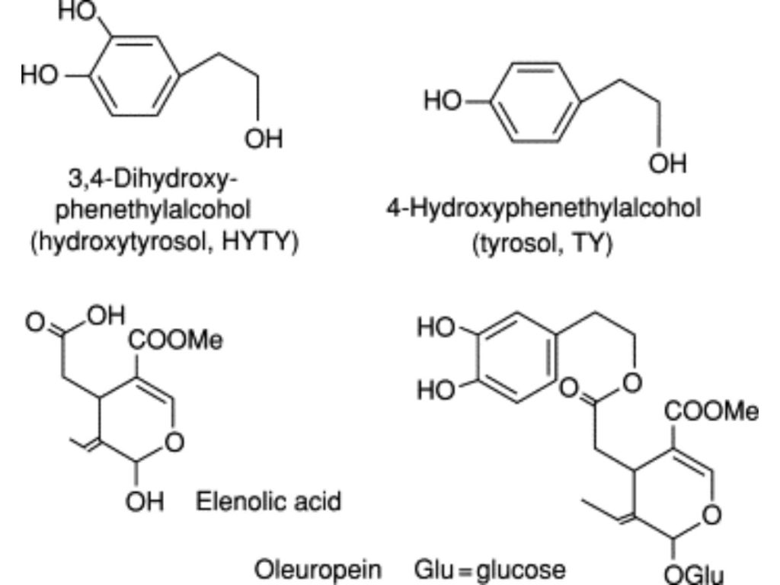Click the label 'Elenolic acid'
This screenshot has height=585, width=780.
(x=268, y=502)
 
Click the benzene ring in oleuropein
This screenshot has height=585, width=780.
(x=508, y=361)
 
